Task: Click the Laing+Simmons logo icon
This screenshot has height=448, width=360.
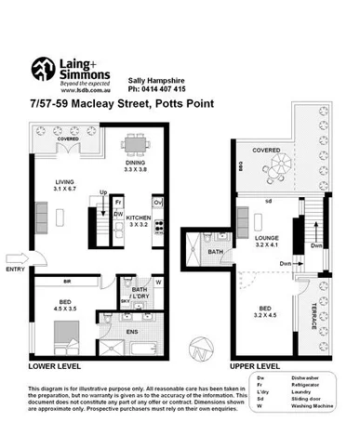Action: pos(44,70)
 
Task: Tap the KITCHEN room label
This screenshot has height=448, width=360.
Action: pos(140,219)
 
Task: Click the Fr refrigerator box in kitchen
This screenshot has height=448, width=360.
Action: pos(119,200)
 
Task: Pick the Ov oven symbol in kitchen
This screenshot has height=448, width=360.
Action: pos(158,200)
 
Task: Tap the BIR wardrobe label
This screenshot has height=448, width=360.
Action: pos(67,281)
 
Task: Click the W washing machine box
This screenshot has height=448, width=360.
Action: pos(157,283)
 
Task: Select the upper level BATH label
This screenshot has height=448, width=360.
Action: pos(215,252)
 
